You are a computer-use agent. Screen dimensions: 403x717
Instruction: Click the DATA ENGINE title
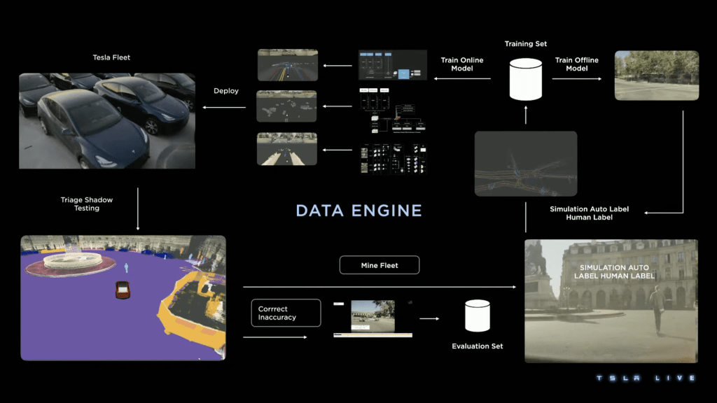(x=358, y=211)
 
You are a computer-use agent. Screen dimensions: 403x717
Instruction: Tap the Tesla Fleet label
(x=111, y=57)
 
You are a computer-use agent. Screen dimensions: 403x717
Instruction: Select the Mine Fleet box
(x=380, y=265)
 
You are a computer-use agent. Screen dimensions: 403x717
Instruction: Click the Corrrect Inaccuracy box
(x=286, y=313)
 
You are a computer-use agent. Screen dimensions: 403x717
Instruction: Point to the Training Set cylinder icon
(x=526, y=78)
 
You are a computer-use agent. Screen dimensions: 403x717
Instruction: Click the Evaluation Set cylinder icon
(x=478, y=316)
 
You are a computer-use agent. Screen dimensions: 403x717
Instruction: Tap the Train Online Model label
(x=462, y=64)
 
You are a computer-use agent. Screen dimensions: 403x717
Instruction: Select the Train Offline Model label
(x=576, y=64)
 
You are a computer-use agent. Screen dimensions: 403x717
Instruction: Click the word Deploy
(x=226, y=91)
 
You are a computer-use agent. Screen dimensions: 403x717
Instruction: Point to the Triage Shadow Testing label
(x=87, y=204)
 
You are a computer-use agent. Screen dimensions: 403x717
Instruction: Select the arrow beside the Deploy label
(x=224, y=107)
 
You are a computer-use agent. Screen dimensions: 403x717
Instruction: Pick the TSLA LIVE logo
(x=645, y=379)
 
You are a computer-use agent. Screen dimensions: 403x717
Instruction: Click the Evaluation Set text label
(x=478, y=346)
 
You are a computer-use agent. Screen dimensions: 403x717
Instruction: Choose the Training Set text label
(x=526, y=44)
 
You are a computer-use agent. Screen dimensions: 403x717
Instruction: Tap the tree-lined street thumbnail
(x=656, y=76)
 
